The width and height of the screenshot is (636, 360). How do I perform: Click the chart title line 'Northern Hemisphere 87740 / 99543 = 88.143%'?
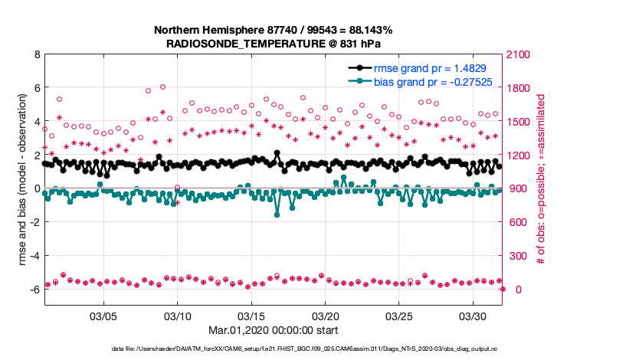pos(274,30)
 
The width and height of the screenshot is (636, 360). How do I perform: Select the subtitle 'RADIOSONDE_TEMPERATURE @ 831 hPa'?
pos(274,44)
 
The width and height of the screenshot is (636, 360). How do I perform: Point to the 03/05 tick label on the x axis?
pos(104,316)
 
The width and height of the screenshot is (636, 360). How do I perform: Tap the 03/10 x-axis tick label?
pos(178,316)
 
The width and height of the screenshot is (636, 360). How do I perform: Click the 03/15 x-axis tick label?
pos(252,316)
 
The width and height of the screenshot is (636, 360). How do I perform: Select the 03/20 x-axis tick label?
pos(326,316)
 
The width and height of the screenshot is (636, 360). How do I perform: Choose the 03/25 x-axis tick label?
pos(400,316)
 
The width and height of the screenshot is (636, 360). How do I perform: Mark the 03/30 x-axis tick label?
pos(474,316)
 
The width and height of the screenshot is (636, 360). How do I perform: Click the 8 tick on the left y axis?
pos(37,55)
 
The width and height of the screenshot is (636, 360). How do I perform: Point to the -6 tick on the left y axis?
pos(34,290)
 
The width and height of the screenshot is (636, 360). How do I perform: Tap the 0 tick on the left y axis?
pos(37,188)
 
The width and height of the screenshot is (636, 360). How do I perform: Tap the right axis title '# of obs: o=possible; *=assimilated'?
pos(541,180)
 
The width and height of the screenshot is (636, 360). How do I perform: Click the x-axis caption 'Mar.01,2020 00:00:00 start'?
pos(274,330)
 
